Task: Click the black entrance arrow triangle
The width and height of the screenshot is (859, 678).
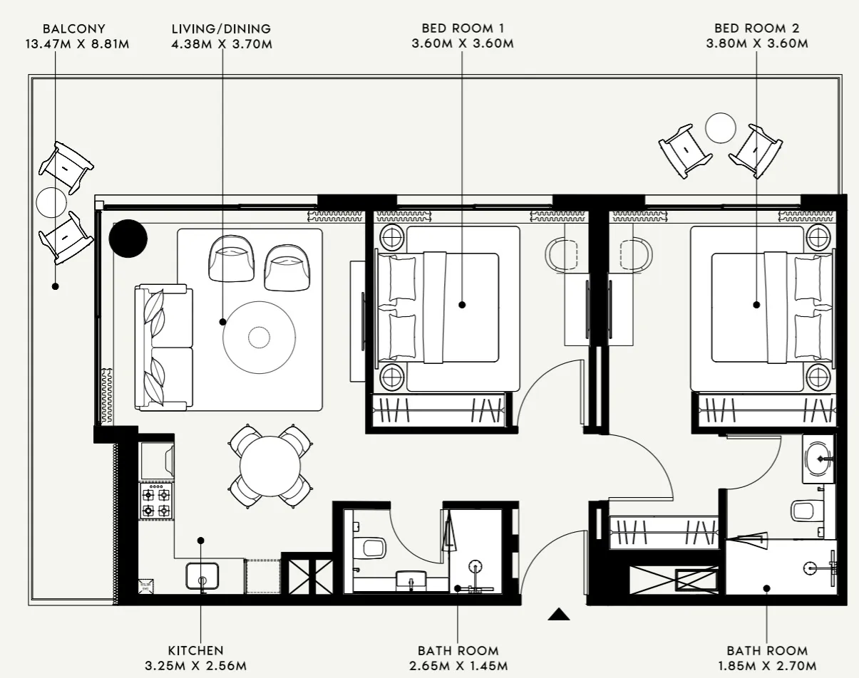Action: click(x=559, y=615)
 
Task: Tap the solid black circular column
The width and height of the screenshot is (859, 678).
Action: click(x=128, y=238)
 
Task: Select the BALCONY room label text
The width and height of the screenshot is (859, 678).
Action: click(x=74, y=29)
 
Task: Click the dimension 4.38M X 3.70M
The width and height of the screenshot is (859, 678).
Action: click(x=222, y=44)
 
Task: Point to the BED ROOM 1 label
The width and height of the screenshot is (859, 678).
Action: click(x=463, y=29)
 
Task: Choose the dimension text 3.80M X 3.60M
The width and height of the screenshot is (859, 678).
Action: click(x=757, y=44)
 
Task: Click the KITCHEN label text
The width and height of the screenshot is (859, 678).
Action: click(x=196, y=650)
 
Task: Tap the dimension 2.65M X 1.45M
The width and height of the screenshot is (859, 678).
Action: click(x=458, y=666)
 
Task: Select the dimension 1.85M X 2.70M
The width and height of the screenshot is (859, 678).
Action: click(x=767, y=666)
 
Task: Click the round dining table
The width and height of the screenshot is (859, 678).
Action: click(x=270, y=466)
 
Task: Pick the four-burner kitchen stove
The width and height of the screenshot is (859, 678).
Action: click(x=156, y=501)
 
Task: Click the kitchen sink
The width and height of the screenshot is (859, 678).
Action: click(x=202, y=575)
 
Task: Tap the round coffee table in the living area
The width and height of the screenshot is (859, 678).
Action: click(x=259, y=336)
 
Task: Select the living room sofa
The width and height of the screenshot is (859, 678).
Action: click(x=164, y=347)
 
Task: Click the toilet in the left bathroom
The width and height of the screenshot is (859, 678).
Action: click(x=371, y=547)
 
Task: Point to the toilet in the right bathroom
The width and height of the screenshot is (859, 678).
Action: click(x=805, y=511)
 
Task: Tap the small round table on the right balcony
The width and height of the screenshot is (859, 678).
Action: click(x=720, y=128)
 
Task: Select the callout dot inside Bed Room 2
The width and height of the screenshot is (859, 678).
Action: click(x=757, y=305)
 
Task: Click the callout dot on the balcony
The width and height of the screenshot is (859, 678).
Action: click(x=55, y=286)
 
